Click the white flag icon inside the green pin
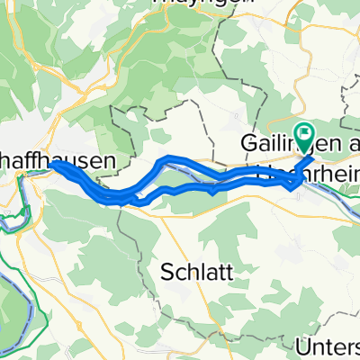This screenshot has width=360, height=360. pyautogui.click(x=305, y=134)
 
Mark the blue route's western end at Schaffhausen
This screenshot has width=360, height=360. pyautogui.click(x=53, y=164)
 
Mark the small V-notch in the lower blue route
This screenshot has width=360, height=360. pyautogui.click(x=211, y=192)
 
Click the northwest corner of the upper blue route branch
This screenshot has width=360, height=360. pyautogui.click(x=163, y=159)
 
